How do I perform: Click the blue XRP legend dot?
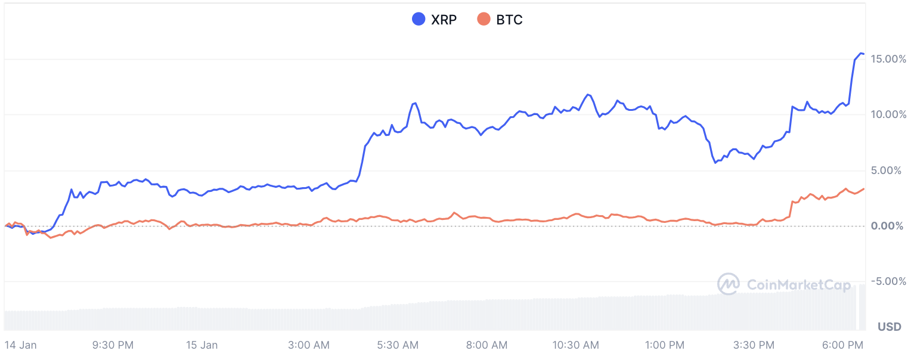tap(419, 20)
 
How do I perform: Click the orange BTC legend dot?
tap(484, 20)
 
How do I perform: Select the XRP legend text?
tap(444, 20)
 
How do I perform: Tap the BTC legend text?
tap(509, 20)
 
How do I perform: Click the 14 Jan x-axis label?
tap(20, 345)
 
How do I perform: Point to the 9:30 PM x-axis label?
tap(113, 345)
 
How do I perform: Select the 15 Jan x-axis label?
tap(202, 345)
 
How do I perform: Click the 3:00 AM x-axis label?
tap(308, 345)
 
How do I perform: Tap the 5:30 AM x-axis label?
tap(398, 345)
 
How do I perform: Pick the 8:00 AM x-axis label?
tap(487, 345)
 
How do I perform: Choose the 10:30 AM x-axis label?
tap(575, 345)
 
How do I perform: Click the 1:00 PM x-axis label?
tap(665, 345)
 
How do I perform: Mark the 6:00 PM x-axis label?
tap(842, 345)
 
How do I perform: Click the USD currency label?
tap(889, 327)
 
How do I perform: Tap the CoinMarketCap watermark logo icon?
tap(729, 284)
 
